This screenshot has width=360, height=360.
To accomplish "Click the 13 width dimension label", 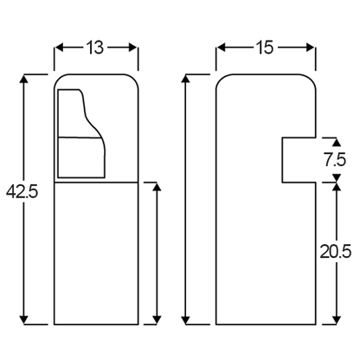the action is (95, 48).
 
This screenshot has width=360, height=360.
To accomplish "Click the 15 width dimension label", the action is (264, 48).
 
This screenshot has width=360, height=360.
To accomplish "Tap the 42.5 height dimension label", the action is (22, 191).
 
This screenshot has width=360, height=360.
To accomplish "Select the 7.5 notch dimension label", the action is (335, 160).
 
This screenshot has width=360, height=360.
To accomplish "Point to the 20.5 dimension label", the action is (336, 252).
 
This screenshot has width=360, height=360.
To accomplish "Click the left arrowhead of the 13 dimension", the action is (59, 48).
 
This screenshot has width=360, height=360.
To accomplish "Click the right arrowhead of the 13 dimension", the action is (133, 48).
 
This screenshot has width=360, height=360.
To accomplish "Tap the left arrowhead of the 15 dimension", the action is (221, 48).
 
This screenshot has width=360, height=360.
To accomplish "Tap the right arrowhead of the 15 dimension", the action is (311, 48).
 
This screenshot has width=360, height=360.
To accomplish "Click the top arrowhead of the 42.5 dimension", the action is (24, 79).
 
